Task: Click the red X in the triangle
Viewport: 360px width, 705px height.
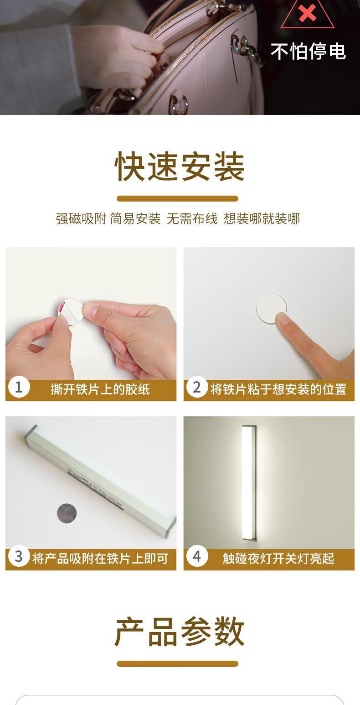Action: click(307, 13)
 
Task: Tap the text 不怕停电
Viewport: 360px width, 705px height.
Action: click(308, 51)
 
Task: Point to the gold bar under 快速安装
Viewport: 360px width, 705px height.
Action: click(177, 199)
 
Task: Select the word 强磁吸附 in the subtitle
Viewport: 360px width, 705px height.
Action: click(81, 218)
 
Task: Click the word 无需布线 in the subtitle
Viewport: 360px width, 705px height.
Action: click(192, 218)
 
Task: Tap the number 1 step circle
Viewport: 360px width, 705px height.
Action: click(19, 387)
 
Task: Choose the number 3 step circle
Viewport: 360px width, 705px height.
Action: click(19, 556)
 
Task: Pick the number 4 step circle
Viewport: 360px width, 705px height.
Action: click(197, 556)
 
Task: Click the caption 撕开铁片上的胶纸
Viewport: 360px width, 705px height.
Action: click(100, 389)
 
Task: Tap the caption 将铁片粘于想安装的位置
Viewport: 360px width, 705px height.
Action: click(278, 389)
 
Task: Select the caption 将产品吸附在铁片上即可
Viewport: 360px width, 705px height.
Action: click(100, 558)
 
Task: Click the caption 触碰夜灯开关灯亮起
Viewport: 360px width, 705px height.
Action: click(278, 558)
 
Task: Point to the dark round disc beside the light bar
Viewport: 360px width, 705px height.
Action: click(67, 513)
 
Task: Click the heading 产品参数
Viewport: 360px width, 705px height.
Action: click(180, 631)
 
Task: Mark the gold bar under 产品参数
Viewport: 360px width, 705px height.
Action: click(177, 664)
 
